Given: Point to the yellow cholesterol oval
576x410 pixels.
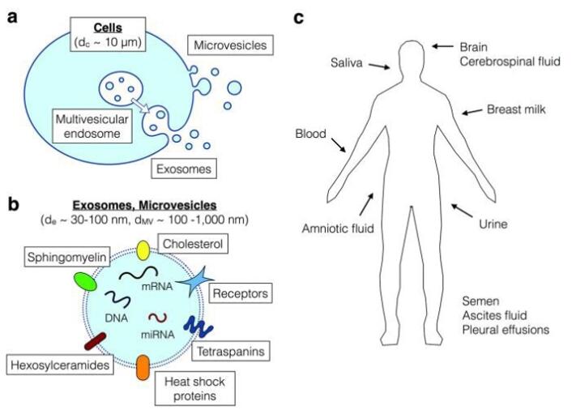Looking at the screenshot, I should pyautogui.click(x=143, y=250).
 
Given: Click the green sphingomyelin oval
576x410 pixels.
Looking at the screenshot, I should pyautogui.click(x=85, y=280).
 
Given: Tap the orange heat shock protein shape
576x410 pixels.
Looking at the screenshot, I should pyautogui.click(x=143, y=367).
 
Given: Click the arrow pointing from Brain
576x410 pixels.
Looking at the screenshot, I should pyautogui.click(x=442, y=47).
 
